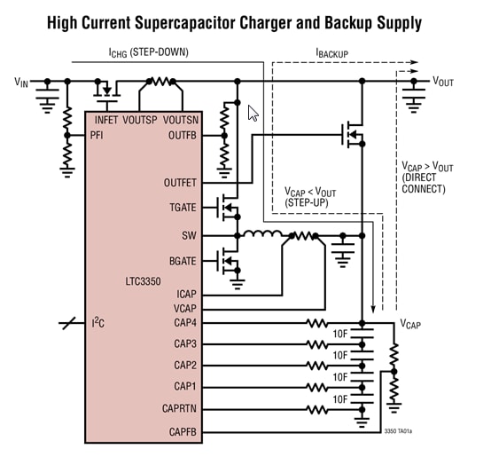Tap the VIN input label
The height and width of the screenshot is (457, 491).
point(23,82)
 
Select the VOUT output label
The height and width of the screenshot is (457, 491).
point(444,82)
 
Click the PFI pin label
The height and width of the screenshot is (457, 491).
point(98,135)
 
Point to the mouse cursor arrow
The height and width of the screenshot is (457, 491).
point(253,113)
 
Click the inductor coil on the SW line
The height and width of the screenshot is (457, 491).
point(262,236)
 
